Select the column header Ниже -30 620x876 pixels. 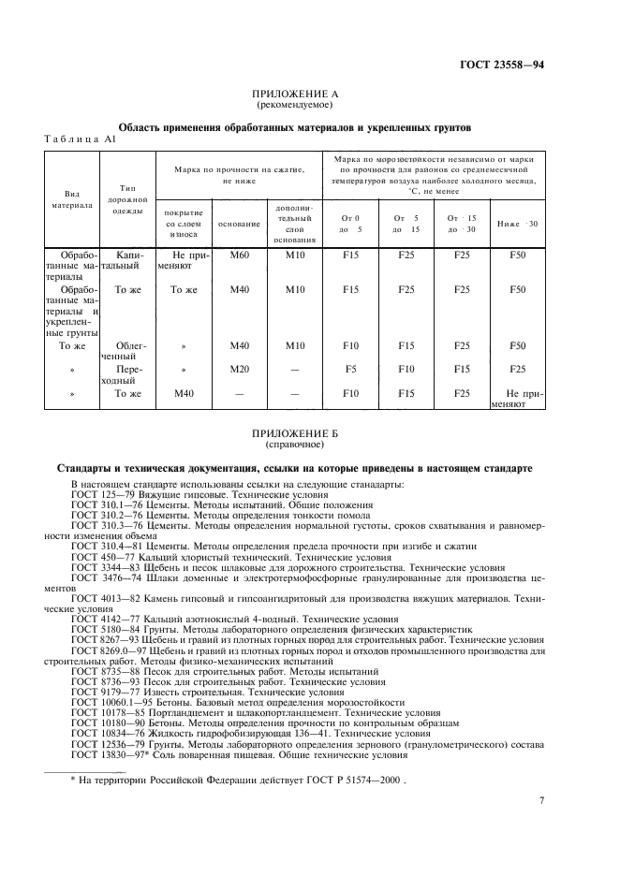click(x=518, y=224)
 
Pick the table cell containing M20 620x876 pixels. click(x=240, y=369)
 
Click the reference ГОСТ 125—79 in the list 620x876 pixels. click(x=104, y=493)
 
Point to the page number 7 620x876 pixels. click(x=541, y=801)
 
